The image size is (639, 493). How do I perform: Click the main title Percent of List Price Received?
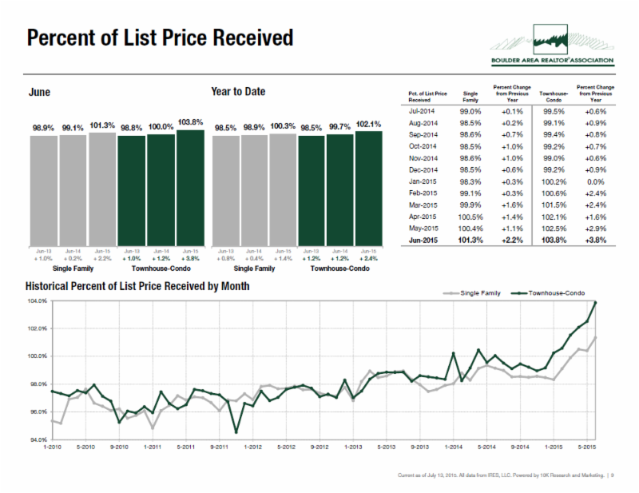tap(160, 38)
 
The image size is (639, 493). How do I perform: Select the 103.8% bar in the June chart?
tap(190, 187)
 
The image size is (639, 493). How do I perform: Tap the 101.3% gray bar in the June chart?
tap(102, 189)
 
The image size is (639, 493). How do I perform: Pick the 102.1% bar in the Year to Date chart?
tap(368, 188)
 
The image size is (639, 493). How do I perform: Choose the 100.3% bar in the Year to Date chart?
tap(283, 189)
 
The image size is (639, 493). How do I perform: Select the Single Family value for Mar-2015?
tap(471, 205)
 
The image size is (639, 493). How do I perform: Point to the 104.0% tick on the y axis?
tap(36, 301)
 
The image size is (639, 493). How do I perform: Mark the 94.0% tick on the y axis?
tap(36, 439)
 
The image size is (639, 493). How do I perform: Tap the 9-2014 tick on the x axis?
tap(518, 447)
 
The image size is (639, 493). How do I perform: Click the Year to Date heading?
tap(238, 92)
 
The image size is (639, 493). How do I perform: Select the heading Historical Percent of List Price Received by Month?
tap(137, 286)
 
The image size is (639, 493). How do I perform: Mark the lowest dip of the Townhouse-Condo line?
tap(236, 432)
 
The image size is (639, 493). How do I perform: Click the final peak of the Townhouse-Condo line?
tap(596, 302)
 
